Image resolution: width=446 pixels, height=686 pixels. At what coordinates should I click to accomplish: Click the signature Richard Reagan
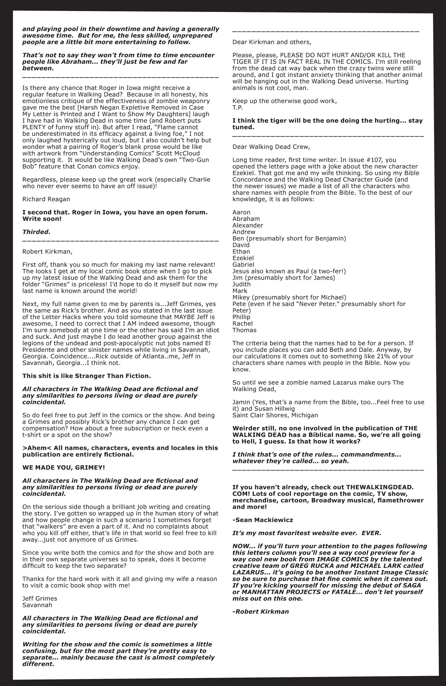tap(46, 199)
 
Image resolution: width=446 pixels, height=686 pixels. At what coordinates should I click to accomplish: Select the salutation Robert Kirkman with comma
tap(47, 251)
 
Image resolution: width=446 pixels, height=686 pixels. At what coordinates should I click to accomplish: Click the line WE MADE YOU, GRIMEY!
tap(64, 467)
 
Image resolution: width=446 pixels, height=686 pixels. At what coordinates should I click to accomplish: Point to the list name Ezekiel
tap(243, 258)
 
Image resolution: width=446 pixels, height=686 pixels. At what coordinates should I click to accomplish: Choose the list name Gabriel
tap(243, 265)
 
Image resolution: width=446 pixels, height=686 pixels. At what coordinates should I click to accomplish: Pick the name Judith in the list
tap(241, 284)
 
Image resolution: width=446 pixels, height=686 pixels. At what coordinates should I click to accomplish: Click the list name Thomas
tap(244, 330)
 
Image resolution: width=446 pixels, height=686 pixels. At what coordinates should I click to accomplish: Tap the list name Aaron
tap(241, 212)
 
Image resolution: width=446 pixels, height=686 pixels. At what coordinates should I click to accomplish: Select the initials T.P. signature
tap(238, 107)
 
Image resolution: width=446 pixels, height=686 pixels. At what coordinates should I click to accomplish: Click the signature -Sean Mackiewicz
tap(262, 520)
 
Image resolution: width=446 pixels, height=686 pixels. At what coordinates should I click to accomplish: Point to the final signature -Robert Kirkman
tap(260, 612)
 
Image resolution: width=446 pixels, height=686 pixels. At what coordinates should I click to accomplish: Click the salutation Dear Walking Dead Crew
tap(271, 147)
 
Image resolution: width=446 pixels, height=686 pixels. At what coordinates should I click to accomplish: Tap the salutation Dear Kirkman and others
tap(272, 42)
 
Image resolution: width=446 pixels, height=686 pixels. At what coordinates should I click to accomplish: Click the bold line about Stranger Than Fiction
tap(86, 376)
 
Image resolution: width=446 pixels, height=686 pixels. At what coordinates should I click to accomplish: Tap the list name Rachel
tap(243, 324)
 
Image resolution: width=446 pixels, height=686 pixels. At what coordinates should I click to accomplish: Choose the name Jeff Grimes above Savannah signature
tap(40, 599)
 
